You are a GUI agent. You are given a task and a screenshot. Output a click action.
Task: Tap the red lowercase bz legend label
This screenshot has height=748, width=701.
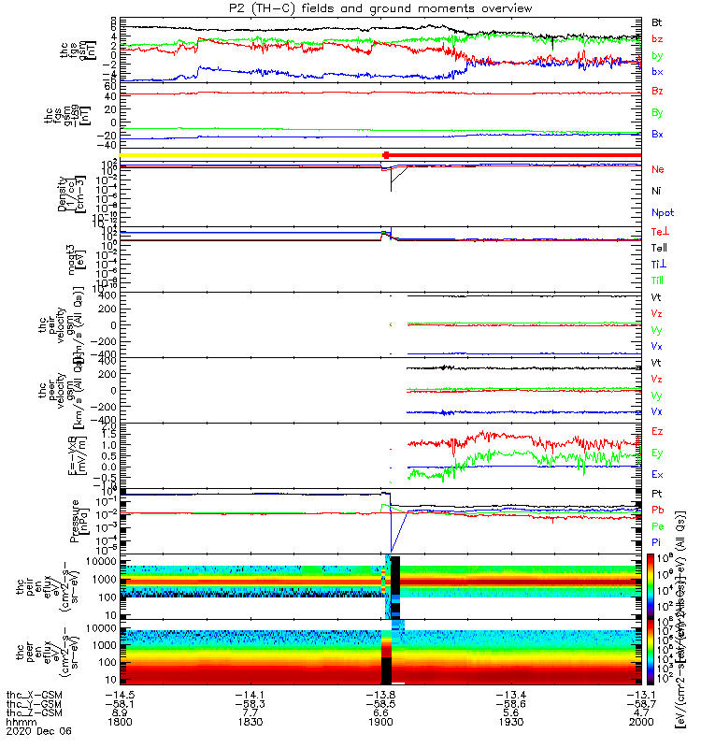(657, 38)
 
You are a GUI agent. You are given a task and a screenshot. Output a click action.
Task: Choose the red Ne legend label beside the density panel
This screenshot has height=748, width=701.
(658, 168)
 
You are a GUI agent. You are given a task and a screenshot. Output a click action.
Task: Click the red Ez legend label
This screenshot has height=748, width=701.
(658, 431)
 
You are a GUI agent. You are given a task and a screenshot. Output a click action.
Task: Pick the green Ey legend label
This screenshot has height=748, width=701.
(658, 453)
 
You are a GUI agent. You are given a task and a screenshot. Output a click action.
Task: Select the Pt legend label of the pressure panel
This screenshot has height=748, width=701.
(657, 493)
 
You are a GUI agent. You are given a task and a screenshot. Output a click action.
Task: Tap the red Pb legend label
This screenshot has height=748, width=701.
(657, 511)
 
